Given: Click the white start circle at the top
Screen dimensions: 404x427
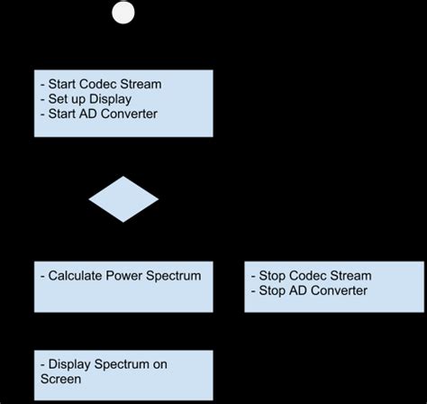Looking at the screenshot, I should (x=123, y=13).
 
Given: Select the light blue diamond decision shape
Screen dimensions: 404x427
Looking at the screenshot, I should (x=123, y=198).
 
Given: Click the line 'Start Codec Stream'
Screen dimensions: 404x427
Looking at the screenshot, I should (x=101, y=84).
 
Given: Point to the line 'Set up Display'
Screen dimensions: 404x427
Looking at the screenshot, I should (x=87, y=98).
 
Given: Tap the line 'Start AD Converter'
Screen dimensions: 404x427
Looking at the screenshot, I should (x=99, y=113).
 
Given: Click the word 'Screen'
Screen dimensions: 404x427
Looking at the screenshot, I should (x=61, y=380).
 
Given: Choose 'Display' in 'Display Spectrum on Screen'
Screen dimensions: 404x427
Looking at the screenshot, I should (x=72, y=364).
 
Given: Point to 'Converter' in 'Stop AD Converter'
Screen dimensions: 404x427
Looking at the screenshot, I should (x=337, y=290).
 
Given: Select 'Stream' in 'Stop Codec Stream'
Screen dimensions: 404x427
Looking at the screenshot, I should (x=350, y=276).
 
